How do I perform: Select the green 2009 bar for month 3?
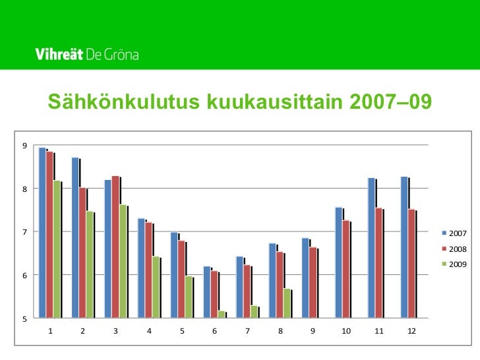[123, 261]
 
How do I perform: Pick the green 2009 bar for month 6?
[222, 315]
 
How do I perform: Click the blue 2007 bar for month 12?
[404, 247]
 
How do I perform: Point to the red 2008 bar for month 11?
[378, 263]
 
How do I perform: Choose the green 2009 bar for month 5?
[189, 297]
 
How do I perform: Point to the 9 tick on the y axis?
[24, 146]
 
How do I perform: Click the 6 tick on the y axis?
[24, 276]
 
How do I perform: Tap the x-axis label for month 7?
[247, 330]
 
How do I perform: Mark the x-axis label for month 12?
[411, 330]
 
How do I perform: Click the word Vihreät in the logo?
[59, 55]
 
